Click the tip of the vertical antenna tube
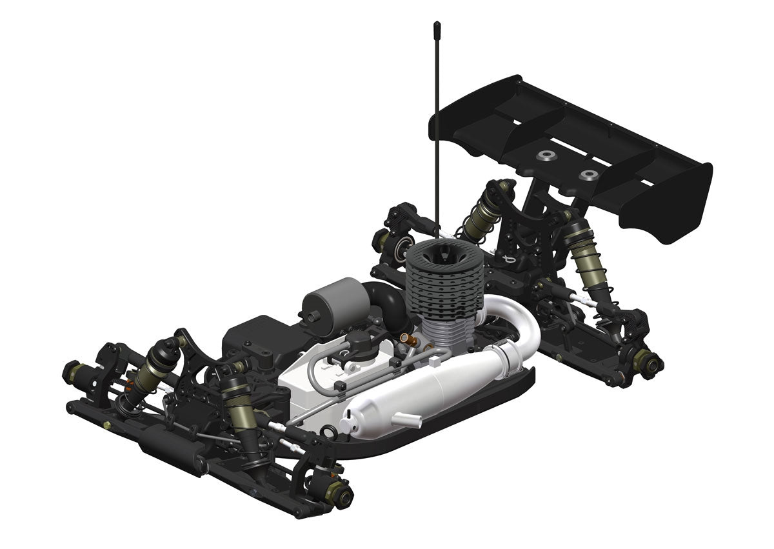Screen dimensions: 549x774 click(435, 26)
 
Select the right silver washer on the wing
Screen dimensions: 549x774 click(587, 174)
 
